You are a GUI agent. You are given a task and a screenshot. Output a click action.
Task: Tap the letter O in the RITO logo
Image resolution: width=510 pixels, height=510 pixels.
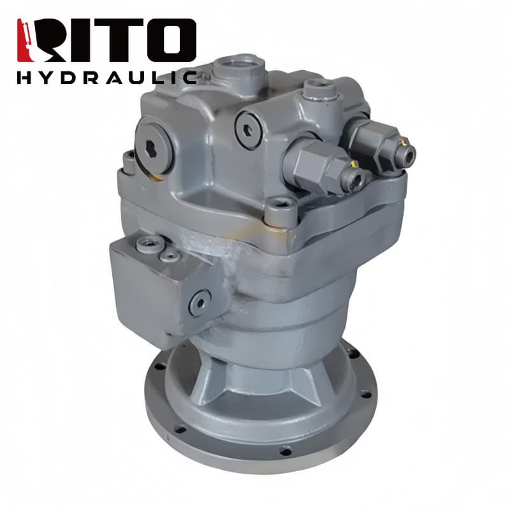tap(171, 40)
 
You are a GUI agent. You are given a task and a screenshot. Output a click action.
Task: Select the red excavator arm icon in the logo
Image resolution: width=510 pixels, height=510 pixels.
tap(24, 40)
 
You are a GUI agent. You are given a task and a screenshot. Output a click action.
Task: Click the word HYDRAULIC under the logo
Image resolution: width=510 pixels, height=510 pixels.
tap(107, 78)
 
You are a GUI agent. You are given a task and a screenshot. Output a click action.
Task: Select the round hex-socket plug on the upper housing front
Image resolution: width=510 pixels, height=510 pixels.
tap(249, 130)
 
